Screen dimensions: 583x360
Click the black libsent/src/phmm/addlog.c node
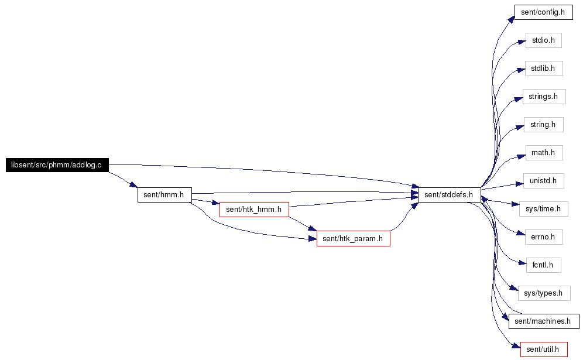[x=57, y=165]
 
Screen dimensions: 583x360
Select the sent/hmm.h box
[x=164, y=195]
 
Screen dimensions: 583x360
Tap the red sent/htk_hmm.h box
[x=254, y=210]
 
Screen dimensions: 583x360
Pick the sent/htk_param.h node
[x=353, y=238]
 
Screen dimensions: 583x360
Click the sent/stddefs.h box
[x=450, y=195]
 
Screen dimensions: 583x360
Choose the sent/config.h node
[x=544, y=12]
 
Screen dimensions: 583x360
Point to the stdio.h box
[x=544, y=40]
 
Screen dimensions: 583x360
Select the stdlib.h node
[x=544, y=68]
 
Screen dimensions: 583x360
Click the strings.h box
[x=544, y=97]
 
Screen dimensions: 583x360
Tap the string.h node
[x=544, y=125]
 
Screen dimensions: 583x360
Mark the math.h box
[x=544, y=153]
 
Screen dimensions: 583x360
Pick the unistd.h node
[x=544, y=181]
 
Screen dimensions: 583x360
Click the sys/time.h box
[x=544, y=209]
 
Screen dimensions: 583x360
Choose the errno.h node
[x=544, y=237]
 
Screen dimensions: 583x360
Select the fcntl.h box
[x=544, y=265]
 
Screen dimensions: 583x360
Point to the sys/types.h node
[x=544, y=293]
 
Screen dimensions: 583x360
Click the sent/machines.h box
[x=544, y=321]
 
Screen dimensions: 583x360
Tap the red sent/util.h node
[x=544, y=349]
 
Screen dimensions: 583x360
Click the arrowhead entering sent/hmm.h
[x=134, y=185]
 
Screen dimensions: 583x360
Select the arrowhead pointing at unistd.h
[x=519, y=184]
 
